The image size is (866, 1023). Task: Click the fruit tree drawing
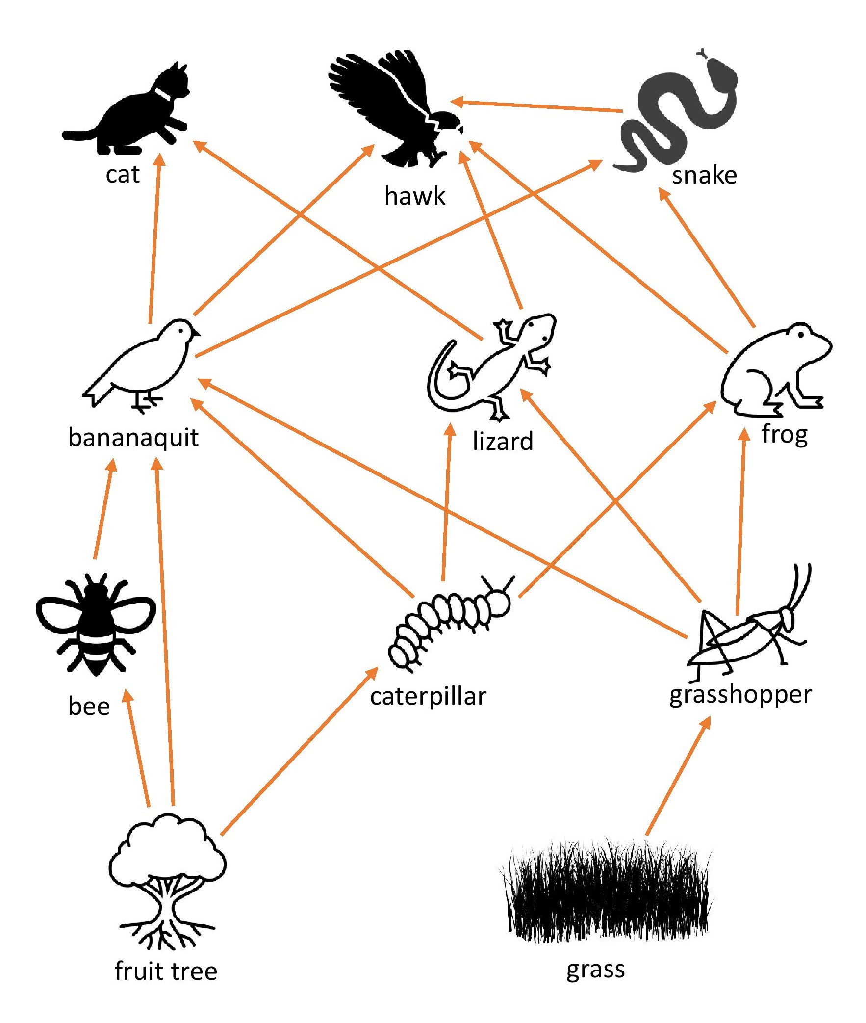pos(167,879)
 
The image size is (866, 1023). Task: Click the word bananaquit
pos(133,438)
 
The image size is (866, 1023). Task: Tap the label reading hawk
pos(415,196)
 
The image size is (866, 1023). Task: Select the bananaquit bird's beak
pos(197,333)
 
